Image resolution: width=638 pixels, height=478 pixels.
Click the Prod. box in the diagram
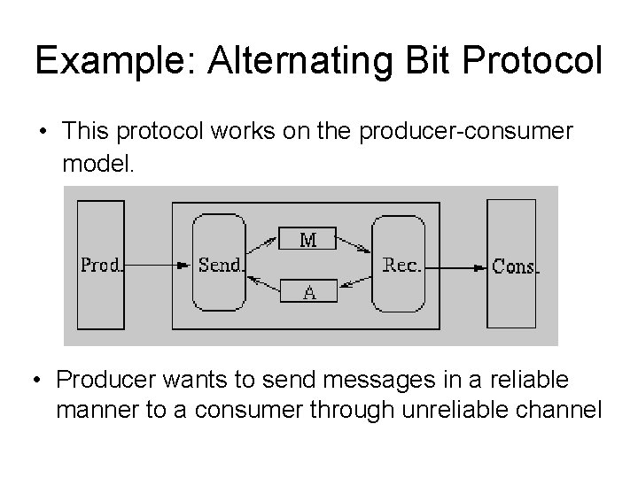[x=101, y=265]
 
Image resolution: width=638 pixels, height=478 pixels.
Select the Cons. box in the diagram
[x=512, y=265]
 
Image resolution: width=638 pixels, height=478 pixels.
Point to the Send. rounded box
[x=219, y=265]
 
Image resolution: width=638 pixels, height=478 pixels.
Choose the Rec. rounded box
[x=400, y=265]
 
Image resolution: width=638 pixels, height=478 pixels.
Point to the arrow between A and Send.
[x=263, y=283]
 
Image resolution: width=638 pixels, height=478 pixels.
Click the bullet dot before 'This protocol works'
[x=43, y=133]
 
